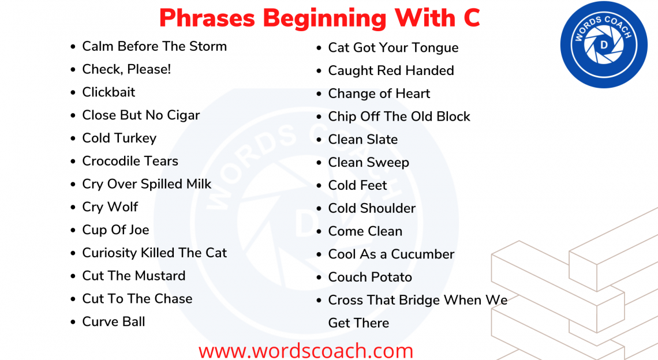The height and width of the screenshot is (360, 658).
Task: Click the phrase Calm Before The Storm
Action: [154, 46]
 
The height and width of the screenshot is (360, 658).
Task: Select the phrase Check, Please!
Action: [126, 69]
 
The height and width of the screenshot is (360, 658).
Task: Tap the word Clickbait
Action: [109, 92]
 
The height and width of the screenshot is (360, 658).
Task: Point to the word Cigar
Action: [183, 115]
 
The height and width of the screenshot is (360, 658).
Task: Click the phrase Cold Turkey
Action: [119, 138]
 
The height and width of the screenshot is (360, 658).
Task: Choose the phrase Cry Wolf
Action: [110, 207]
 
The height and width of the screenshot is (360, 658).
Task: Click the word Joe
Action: [139, 230]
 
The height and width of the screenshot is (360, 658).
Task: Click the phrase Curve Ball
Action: [114, 321]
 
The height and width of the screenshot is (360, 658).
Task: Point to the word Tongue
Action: [435, 48]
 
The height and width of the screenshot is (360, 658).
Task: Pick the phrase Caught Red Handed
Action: [391, 70]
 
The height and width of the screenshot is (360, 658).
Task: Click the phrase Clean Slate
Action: [362, 140]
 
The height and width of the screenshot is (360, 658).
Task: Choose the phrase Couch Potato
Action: [370, 277]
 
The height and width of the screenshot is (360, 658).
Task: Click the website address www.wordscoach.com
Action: [306, 350]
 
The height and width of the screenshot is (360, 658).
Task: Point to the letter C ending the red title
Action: [471, 18]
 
